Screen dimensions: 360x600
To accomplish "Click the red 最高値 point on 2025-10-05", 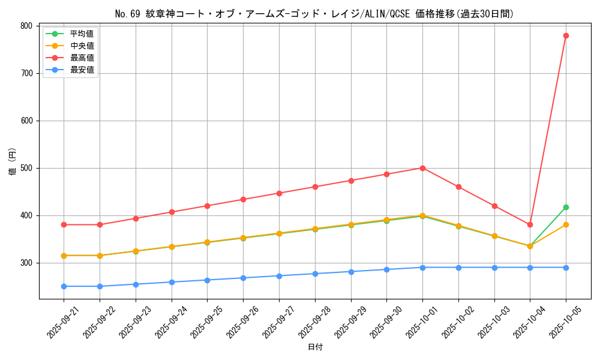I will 566,35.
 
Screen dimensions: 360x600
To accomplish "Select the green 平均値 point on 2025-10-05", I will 566,207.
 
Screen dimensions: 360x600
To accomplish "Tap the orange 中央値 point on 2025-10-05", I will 566,224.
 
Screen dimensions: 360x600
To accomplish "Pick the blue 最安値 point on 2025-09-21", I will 64,286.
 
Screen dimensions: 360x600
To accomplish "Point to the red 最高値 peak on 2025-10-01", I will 422,168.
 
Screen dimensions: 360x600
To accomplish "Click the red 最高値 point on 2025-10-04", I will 530,224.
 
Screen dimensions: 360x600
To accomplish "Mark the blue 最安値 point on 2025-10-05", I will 566,268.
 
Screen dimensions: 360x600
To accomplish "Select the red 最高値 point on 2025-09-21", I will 64,224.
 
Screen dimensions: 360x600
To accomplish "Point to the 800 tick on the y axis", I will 26,26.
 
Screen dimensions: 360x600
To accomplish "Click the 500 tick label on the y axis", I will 26,168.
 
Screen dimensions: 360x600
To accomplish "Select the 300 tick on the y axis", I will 26,263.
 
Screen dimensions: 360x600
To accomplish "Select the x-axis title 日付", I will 315,347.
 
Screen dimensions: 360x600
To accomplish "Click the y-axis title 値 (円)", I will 13,162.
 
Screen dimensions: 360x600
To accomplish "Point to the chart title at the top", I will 315,14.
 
